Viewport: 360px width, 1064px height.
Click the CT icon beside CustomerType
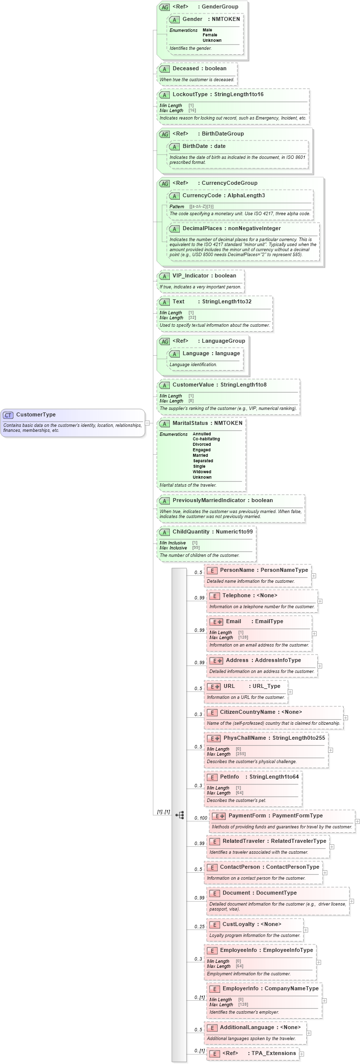pos(8,415)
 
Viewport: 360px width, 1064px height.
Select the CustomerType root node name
pos(36,414)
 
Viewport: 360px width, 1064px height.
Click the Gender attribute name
pos(192,19)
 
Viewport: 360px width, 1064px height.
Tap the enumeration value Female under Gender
pos(210,35)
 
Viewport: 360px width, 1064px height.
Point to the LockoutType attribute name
pos(190,94)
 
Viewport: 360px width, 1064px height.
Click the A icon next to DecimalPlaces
pos(174,229)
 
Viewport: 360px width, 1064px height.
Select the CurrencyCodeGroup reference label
pos(229,183)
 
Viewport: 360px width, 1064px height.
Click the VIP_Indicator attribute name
pos(191,275)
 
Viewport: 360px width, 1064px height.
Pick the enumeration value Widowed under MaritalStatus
pos(202,472)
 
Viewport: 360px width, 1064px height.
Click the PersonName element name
pos(237,570)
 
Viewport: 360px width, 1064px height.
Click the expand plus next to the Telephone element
pos(320,601)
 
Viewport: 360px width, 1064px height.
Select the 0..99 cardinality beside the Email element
pos(199,630)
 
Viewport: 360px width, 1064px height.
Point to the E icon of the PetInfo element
pos(212,777)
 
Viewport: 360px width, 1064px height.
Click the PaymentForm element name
pos(247,815)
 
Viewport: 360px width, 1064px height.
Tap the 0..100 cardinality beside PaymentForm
pos(201,818)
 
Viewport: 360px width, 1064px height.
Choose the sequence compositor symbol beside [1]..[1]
pos(180,815)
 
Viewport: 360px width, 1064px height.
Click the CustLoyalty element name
pos(239,924)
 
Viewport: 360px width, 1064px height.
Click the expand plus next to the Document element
pos(352,901)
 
